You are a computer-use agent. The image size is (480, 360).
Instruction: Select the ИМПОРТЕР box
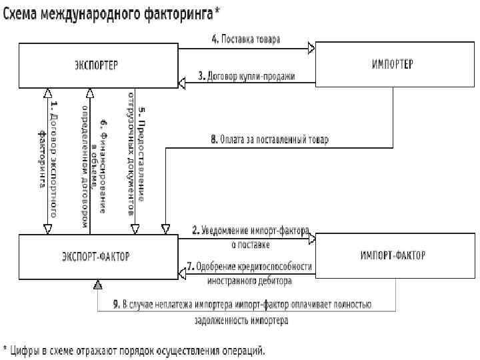391,65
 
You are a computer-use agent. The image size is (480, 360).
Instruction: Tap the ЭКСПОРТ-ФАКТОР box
97,255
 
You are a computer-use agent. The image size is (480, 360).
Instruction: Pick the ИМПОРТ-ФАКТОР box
393,255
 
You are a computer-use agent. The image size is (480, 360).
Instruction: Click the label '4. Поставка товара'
245,39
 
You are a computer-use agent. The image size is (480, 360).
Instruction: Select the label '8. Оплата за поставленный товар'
269,140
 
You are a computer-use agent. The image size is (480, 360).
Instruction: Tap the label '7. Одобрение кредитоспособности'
249,267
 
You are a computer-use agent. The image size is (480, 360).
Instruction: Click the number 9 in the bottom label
116,304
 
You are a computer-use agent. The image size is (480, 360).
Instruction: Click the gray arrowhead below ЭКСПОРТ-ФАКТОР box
97,285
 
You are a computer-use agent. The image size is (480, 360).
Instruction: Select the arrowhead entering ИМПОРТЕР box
311,49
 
